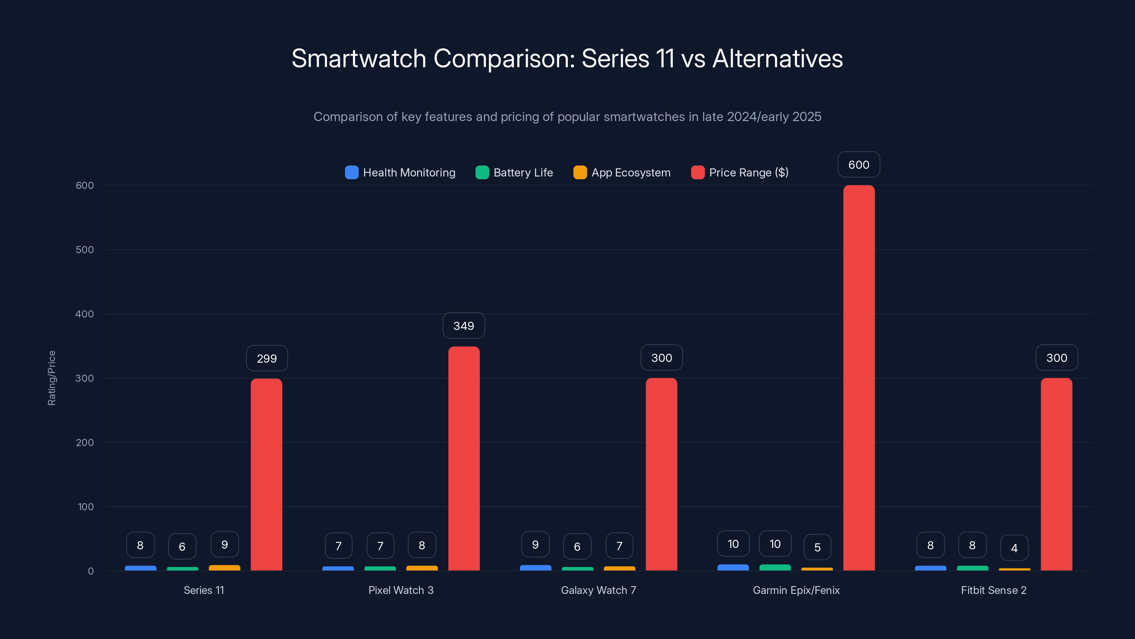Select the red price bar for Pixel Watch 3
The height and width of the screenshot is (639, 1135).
[x=464, y=459]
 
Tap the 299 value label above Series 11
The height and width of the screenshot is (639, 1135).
[x=267, y=358]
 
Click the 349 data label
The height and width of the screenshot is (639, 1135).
[x=464, y=326]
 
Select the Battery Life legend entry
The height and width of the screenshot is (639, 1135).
[x=514, y=173]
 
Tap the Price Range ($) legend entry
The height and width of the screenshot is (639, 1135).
[x=740, y=173]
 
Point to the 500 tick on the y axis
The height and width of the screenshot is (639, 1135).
[x=85, y=250]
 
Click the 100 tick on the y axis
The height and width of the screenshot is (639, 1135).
[x=85, y=507]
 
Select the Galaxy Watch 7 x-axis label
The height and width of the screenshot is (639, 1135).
[x=598, y=590]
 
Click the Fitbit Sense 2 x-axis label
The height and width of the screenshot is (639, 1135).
[x=993, y=590]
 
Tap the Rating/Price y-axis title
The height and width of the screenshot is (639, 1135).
[x=51, y=378]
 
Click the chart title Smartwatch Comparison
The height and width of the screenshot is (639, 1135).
[x=567, y=58]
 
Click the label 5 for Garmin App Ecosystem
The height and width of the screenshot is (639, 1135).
[x=817, y=547]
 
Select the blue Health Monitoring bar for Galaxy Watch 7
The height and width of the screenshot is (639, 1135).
[x=535, y=568]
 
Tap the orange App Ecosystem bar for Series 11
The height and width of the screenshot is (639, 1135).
[x=224, y=568]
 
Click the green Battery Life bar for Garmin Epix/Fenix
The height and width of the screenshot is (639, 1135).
[x=775, y=568]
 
